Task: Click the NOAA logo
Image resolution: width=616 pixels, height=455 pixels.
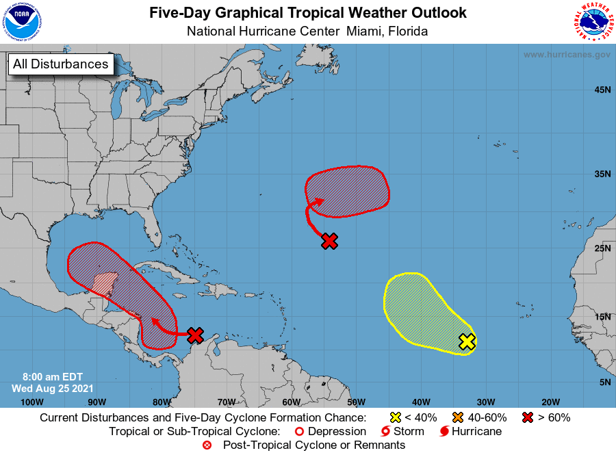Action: point(22,22)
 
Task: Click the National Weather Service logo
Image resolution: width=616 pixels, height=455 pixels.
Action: point(593,22)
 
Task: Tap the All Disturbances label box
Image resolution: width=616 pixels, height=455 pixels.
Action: point(60,64)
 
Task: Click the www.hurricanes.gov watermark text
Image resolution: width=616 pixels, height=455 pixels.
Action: point(567,55)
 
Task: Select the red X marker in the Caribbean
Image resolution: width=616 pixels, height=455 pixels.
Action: point(195,335)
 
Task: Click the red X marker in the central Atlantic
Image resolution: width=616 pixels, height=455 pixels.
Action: point(330,241)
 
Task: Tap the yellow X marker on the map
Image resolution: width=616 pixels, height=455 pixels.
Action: point(467,341)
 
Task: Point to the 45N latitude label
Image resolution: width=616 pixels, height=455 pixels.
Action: point(602,90)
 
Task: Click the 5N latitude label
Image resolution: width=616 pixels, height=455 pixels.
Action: point(605,382)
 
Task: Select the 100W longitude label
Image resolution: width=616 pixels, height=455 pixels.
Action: point(32,402)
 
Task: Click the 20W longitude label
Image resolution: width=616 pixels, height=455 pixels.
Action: point(550,402)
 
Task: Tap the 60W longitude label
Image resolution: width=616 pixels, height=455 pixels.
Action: point(291,402)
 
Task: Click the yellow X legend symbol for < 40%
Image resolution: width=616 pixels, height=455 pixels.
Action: point(395,417)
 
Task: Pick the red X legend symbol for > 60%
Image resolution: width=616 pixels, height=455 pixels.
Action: point(528,417)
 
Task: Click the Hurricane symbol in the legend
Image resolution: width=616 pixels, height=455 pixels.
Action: point(445,432)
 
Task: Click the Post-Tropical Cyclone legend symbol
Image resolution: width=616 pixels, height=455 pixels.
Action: point(207,445)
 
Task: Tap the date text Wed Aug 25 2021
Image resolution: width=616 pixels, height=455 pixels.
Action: point(48,388)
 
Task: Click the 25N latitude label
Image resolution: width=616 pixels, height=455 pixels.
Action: point(602,248)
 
